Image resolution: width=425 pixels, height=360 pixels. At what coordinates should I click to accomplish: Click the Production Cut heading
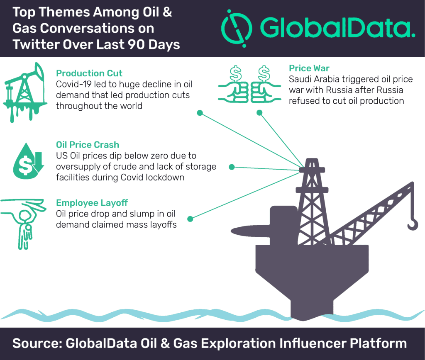tap(89, 73)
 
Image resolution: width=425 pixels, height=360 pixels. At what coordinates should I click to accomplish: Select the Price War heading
tap(309, 68)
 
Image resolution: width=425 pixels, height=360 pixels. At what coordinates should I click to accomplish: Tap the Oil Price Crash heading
tap(88, 145)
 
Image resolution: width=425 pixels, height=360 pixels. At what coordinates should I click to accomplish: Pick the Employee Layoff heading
tap(92, 203)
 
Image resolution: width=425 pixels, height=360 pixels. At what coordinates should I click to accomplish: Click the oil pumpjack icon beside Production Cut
tap(25, 92)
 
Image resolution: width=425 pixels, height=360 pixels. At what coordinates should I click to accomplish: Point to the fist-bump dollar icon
tap(249, 84)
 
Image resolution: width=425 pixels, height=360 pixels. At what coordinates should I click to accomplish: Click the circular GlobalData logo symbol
tap(237, 29)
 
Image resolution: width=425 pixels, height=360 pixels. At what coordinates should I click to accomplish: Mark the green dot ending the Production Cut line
tap(200, 113)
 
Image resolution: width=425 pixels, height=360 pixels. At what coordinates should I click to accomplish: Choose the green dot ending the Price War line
tap(259, 112)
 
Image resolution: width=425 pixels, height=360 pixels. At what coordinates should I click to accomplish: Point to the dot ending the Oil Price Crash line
tap(232, 167)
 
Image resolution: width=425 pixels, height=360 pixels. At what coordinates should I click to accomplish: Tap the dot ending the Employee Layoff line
tap(190, 219)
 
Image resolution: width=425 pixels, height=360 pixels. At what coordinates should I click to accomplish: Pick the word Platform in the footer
tap(379, 343)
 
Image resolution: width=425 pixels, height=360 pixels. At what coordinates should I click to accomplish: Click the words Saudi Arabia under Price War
tap(314, 79)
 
